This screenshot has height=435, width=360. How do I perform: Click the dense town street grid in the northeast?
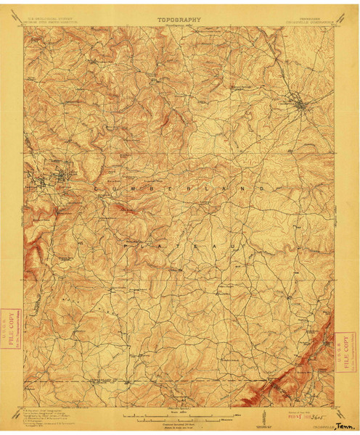click(299, 106)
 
